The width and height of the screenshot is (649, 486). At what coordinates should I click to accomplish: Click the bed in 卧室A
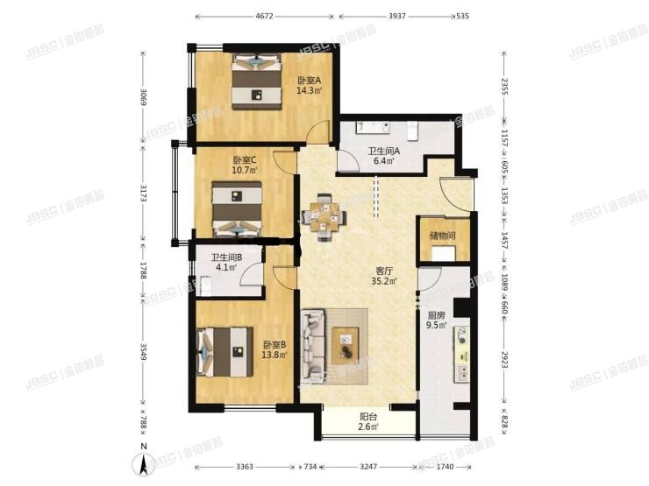pos(257,81)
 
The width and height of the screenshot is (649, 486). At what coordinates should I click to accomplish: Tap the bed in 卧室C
pos(237,208)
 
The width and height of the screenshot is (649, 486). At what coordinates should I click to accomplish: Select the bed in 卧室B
pos(225,352)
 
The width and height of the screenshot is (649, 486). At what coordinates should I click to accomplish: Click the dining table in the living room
pos(324,217)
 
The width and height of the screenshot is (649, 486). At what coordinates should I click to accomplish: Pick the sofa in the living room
pos(312,346)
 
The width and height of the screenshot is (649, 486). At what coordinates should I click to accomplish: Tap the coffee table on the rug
pos(346,346)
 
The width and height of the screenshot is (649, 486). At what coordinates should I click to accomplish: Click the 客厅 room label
pos(383,271)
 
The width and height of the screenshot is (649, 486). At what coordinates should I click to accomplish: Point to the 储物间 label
pos(443,236)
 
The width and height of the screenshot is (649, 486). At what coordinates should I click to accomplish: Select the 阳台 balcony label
pos(368,417)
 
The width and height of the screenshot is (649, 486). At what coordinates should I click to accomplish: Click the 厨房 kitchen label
pos(436,315)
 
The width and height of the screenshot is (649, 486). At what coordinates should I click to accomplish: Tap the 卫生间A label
pos(384,151)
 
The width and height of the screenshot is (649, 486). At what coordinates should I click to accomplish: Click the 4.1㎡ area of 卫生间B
pos(226,267)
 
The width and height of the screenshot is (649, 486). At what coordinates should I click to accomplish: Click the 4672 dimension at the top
pos(265,17)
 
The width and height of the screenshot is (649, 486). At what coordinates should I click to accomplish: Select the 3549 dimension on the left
pos(143,352)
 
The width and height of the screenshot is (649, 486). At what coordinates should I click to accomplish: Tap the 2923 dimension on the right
pos(504,360)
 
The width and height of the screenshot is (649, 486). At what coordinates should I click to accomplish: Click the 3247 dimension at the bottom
pos(368,467)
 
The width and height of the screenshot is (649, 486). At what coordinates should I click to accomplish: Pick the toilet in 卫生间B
pos(206,287)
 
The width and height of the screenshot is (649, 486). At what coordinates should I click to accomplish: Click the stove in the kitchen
pos(461,335)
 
